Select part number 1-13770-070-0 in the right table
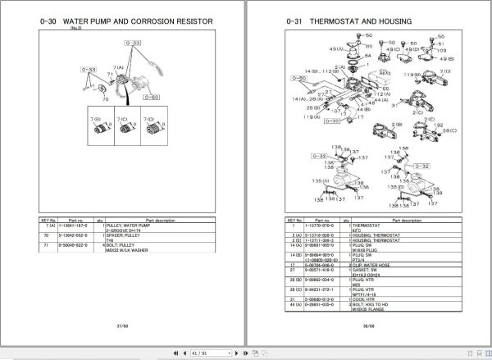coord(317,223)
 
